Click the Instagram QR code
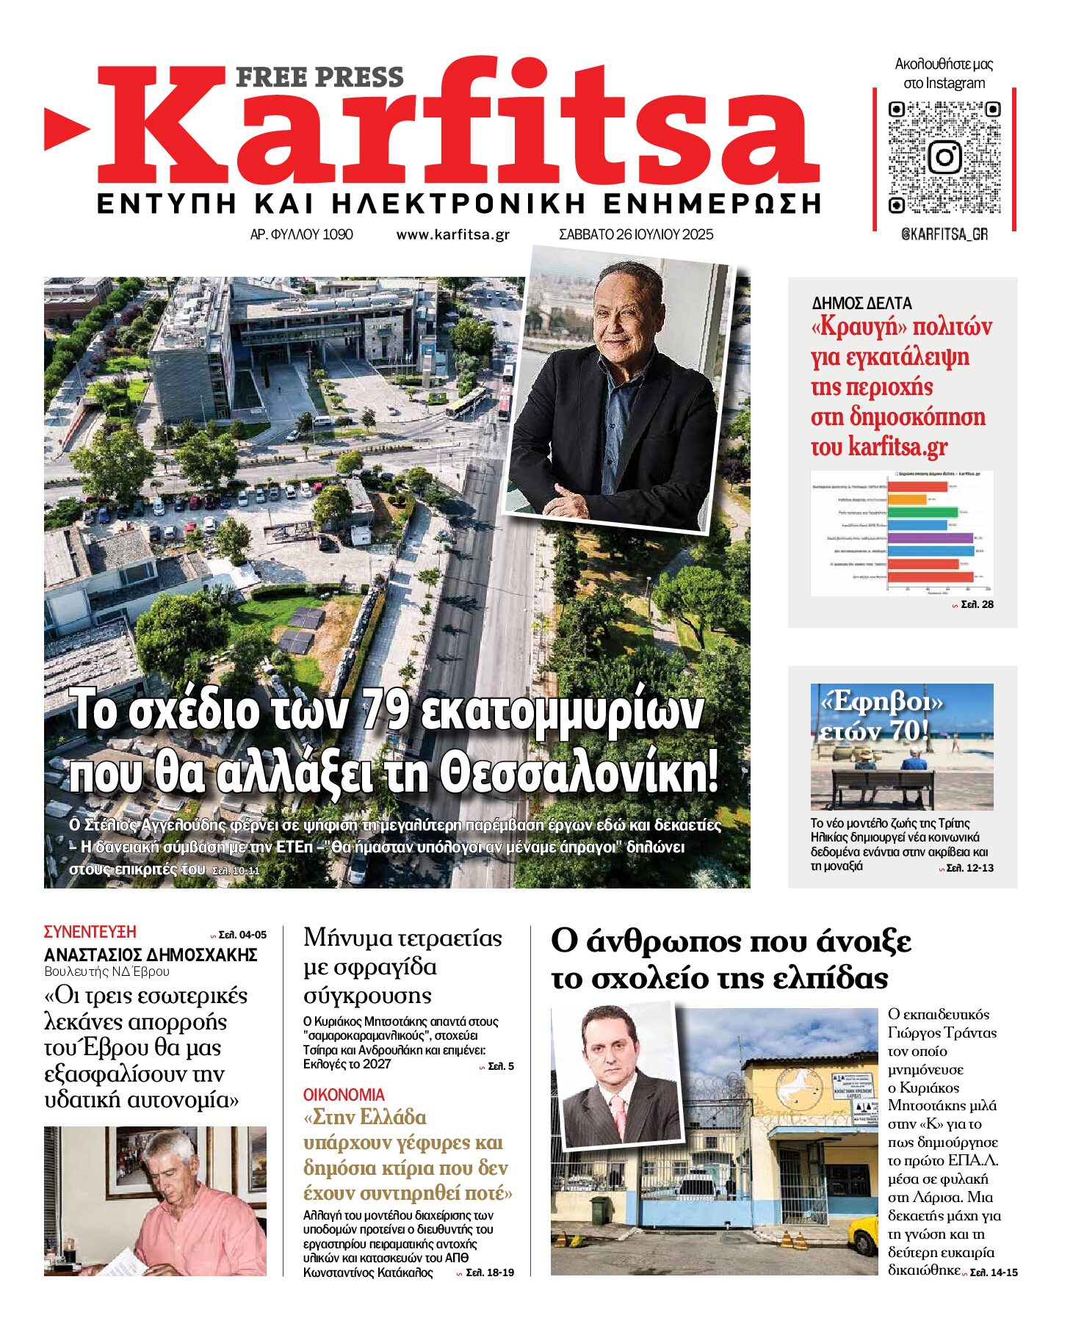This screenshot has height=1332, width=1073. click(944, 157)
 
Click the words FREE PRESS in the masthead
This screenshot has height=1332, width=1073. click(319, 77)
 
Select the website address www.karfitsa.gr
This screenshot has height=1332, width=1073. click(452, 235)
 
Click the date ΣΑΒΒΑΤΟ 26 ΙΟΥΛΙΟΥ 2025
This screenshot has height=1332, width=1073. click(636, 235)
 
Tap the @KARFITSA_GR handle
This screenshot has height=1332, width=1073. click(944, 234)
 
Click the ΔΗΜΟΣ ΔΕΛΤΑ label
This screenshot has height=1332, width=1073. click(861, 303)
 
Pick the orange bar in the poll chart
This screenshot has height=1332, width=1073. click(908, 499)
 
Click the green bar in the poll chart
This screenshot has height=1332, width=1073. click(922, 512)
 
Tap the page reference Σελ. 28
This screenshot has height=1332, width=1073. click(977, 604)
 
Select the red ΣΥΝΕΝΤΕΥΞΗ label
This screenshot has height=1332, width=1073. click(90, 932)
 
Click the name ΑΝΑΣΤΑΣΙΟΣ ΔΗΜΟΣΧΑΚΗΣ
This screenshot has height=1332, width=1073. click(151, 955)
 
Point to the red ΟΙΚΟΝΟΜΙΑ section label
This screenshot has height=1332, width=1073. click(344, 1095)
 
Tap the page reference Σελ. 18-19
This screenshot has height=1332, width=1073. click(490, 1273)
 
